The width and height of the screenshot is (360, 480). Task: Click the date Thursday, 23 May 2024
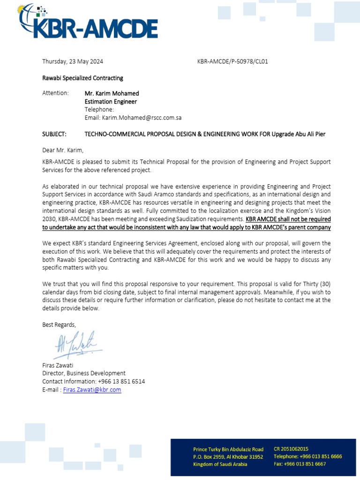73,61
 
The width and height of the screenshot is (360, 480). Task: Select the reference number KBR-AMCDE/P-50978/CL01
233,61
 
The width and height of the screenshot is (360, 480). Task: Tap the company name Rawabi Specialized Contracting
82,78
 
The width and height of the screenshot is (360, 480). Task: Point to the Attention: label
55,93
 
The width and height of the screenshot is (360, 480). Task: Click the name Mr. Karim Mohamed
112,93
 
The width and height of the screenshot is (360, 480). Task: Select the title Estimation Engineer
111,101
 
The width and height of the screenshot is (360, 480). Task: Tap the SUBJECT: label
54,134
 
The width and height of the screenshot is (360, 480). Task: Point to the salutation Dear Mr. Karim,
63,150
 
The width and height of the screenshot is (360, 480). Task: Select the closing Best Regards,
59,324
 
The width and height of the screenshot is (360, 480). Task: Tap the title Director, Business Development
84,374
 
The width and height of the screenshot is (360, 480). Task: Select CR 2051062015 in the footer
291,449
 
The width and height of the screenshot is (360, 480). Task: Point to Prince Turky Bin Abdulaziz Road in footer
228,449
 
